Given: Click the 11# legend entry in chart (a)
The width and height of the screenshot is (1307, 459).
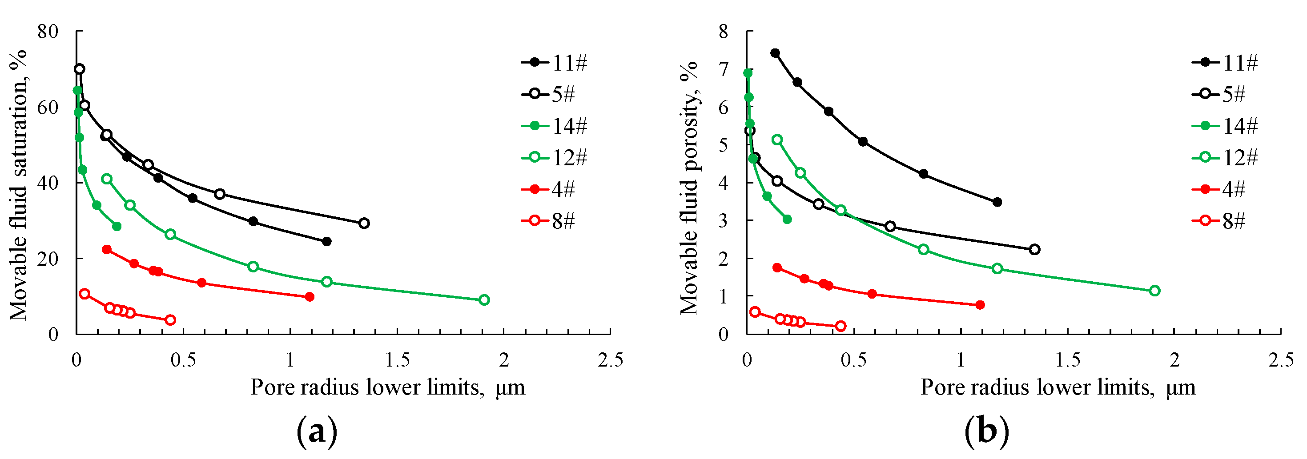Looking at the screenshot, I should coord(555,63).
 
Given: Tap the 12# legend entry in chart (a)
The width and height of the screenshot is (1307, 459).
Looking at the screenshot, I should coord(555,158).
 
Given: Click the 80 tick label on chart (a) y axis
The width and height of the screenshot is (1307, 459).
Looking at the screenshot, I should coord(48,32).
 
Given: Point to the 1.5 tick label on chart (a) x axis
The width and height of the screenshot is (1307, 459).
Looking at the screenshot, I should coord(397,360).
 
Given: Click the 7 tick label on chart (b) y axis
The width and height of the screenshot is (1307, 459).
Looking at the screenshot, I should coord(723,69).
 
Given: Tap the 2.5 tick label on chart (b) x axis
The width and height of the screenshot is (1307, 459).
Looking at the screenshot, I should coord(1281,360).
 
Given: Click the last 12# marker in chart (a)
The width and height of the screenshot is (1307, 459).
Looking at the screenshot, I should coord(484,300).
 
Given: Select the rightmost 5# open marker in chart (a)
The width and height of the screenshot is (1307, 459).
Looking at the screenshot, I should coord(364,223).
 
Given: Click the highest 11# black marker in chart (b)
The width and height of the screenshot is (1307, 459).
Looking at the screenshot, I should coord(775,53).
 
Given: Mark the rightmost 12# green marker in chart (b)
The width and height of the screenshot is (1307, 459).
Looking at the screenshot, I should coord(1155,291).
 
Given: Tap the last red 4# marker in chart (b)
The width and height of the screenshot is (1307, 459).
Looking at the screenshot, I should coord(980,305).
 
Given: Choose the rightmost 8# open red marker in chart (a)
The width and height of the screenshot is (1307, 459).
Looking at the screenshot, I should coord(170,319).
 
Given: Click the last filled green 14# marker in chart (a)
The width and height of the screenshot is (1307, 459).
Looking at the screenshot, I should coord(117,226).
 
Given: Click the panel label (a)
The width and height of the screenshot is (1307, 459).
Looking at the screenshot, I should coord(317,431).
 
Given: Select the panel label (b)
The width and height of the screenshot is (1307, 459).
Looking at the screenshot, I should coord(987,431).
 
